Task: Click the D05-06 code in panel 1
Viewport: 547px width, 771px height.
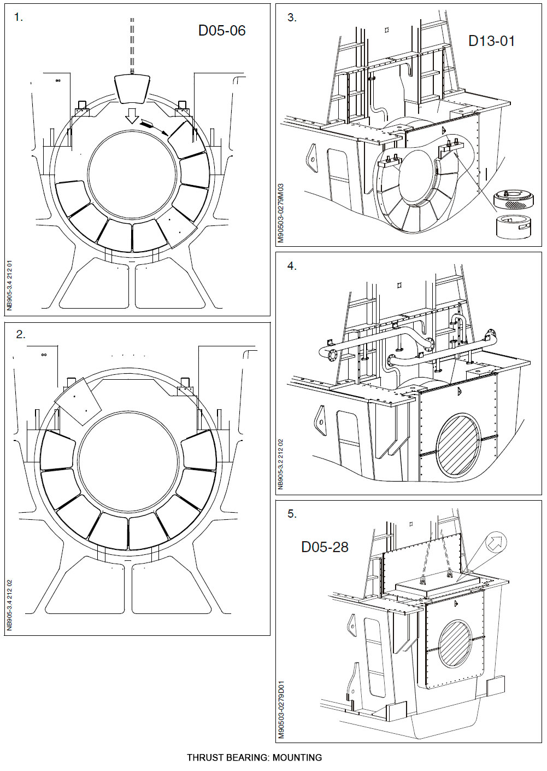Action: [221, 31]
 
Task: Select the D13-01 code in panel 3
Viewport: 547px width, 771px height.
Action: [491, 41]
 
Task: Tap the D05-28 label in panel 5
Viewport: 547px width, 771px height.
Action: [325, 547]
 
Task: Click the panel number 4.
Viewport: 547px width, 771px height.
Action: [292, 266]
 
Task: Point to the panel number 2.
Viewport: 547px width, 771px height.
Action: [20, 334]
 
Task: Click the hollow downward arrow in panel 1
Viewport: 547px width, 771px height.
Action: [131, 115]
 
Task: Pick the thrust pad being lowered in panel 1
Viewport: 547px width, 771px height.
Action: [132, 88]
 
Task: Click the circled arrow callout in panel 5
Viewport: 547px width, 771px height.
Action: [496, 542]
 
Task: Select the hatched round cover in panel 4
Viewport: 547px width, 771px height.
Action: [458, 445]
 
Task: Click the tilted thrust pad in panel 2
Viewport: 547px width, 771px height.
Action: [78, 401]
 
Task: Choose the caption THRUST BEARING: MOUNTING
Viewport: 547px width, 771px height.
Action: [254, 758]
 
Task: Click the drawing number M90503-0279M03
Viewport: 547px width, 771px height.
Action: [281, 213]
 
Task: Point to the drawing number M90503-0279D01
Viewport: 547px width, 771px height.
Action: [281, 710]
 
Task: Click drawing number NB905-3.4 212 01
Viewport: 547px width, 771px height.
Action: [9, 286]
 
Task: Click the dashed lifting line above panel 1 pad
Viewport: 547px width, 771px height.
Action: [132, 44]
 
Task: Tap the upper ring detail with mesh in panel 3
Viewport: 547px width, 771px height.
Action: [514, 200]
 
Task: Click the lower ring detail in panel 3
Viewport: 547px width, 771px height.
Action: [513, 226]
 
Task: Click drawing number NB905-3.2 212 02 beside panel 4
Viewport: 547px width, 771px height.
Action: [281, 463]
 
